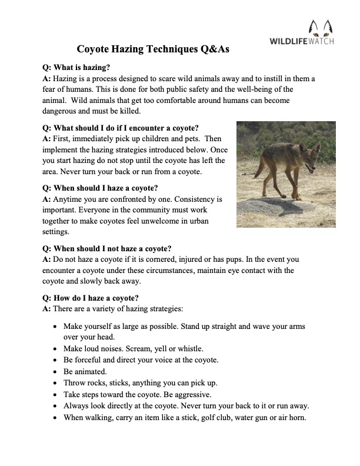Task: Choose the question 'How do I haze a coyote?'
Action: pos(91,298)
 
